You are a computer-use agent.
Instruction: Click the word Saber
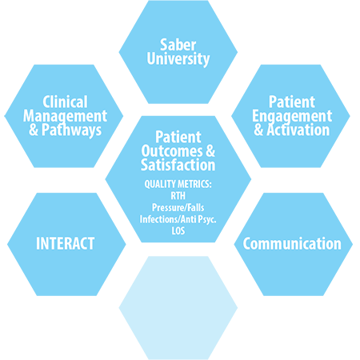[x=178, y=45]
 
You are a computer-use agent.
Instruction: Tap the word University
[x=178, y=59]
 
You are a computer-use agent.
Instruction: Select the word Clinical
[x=65, y=102]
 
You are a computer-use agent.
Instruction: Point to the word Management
[x=65, y=117]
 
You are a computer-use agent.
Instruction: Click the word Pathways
[x=71, y=130]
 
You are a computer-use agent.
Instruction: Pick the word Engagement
[x=292, y=117]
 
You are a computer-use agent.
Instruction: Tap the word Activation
[x=298, y=130]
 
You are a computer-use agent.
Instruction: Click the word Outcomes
[x=172, y=151]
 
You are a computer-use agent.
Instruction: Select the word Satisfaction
[x=178, y=165]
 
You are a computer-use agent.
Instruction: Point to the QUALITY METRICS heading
[x=178, y=184]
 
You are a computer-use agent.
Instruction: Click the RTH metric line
[x=178, y=196]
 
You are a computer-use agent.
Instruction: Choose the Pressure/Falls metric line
[x=178, y=208]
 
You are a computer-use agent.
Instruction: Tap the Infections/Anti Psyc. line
[x=178, y=219]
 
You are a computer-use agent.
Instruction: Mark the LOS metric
[x=178, y=231]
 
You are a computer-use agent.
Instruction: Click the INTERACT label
[x=66, y=243]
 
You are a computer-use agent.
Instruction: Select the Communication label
[x=292, y=244]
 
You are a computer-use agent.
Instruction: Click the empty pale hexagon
[x=178, y=308]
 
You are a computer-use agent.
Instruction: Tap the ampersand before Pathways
[x=34, y=130]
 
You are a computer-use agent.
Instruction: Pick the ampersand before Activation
[x=258, y=130]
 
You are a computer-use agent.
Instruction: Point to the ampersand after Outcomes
[x=210, y=151]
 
